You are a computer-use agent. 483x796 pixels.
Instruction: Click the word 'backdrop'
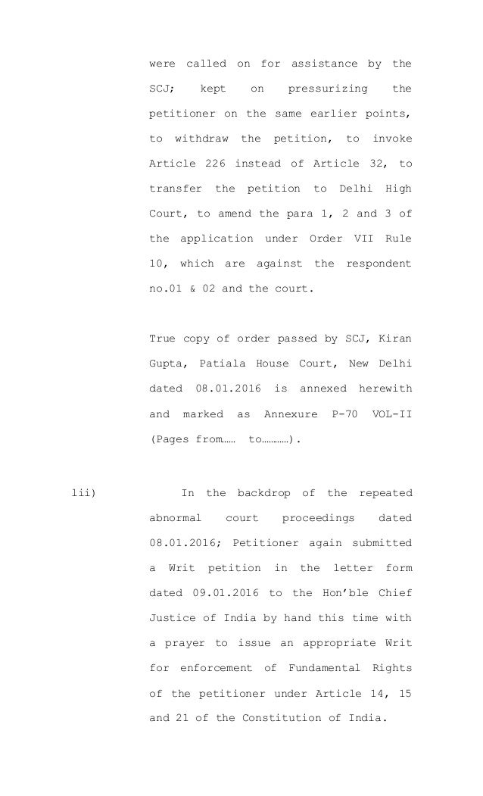267,495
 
